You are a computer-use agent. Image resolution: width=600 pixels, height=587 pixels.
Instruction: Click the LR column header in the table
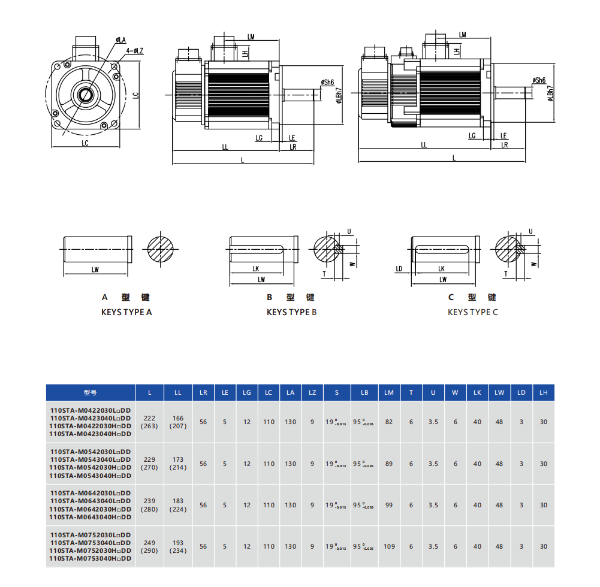[203, 392]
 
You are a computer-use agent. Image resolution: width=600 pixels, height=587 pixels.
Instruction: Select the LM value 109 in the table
[389, 546]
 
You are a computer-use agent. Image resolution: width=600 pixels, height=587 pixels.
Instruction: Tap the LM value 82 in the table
[389, 422]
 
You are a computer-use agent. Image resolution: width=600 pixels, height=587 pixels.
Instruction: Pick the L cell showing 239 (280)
[149, 505]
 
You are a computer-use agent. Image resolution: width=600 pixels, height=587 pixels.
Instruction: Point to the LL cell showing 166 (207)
[178, 422]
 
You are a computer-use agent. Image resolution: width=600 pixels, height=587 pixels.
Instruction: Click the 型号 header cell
[90, 392]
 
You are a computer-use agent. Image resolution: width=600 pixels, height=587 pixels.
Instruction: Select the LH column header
[543, 392]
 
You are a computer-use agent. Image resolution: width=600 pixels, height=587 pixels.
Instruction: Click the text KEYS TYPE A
[126, 312]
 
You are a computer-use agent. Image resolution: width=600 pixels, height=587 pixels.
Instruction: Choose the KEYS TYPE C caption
[473, 312]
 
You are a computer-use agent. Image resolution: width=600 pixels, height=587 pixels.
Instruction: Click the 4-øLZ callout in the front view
[135, 51]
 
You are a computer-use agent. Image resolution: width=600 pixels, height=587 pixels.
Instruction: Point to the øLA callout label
[120, 40]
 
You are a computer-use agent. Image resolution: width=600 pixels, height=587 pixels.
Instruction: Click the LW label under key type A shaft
[95, 270]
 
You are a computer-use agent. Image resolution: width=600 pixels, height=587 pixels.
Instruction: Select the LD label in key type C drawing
[399, 269]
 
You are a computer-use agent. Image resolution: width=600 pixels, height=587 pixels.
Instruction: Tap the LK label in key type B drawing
[256, 269]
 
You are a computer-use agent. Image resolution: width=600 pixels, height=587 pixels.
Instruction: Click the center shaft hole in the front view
[84, 94]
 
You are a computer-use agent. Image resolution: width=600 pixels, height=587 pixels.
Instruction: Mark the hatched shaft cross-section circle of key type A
[161, 247]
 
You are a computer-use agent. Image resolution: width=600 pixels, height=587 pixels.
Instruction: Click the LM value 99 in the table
[389, 505]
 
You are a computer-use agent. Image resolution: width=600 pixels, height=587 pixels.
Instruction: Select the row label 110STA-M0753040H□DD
[90, 558]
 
